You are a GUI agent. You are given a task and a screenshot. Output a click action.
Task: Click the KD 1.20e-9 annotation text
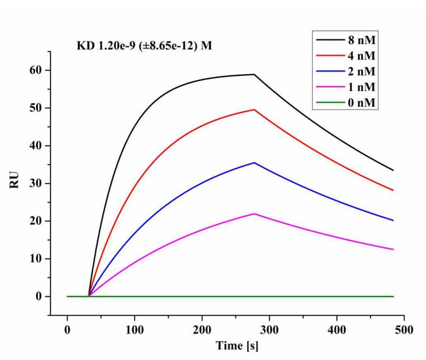click(x=145, y=46)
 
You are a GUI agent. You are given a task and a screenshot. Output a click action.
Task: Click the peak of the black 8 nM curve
click(x=254, y=74)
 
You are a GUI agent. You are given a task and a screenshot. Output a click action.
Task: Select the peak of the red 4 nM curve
click(x=254, y=110)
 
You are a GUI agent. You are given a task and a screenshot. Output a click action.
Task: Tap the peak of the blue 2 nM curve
click(x=254, y=163)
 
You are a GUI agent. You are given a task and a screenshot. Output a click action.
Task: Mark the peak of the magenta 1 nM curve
click(x=254, y=214)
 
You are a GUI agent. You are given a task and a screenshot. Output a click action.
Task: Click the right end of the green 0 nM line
click(x=393, y=296)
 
